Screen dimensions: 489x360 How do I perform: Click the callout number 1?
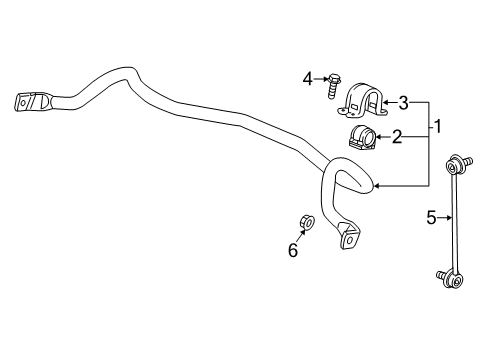(x=436, y=127)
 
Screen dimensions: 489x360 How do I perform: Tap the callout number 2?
(x=397, y=137)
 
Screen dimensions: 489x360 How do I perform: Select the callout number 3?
(x=404, y=102)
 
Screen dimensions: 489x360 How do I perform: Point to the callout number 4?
(x=310, y=75)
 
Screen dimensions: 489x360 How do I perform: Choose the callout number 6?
(x=293, y=251)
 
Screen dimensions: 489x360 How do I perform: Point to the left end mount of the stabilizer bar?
(x=30, y=102)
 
